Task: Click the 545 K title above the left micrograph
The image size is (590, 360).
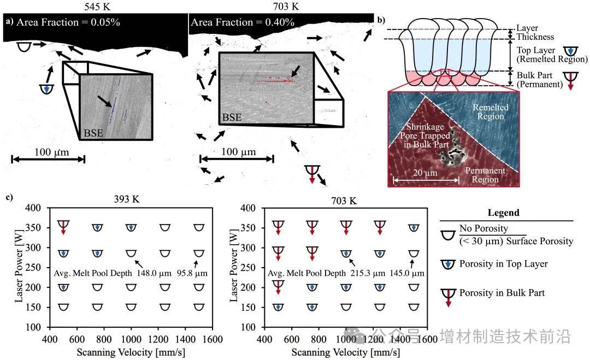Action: point(96,7)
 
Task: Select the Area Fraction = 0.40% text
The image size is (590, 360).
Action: point(242,23)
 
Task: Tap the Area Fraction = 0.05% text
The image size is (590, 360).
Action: point(68,23)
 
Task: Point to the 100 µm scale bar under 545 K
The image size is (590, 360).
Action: point(48,159)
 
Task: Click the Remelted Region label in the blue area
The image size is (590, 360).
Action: point(490,112)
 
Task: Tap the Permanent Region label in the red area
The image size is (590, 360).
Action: point(486,175)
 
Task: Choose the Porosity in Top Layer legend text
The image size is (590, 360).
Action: point(503,264)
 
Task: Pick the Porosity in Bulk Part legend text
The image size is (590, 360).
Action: point(502,293)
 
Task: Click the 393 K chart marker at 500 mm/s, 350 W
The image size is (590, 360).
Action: point(63,226)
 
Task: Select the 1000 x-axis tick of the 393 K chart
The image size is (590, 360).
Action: point(131,339)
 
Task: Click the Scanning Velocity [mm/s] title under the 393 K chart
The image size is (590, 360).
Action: point(131,352)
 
